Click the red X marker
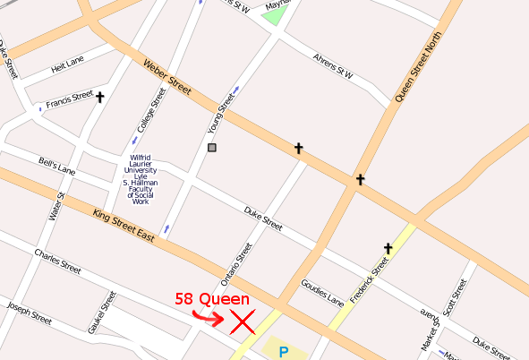[x=242, y=321]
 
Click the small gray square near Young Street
[x=212, y=148]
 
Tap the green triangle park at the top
[x=276, y=15]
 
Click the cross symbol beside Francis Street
[x=99, y=97]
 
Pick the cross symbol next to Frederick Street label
[x=388, y=248]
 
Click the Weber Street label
[x=167, y=78]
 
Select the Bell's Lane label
[x=57, y=167]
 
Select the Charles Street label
[x=57, y=261]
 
